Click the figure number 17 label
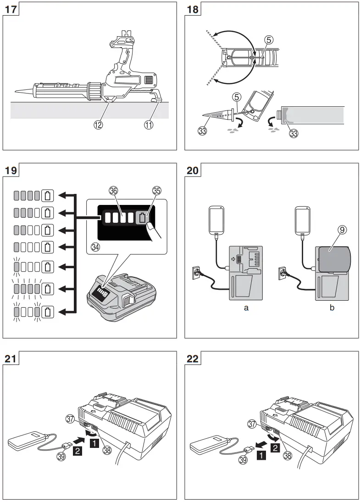[x=11, y=9]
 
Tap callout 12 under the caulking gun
[x=110, y=123]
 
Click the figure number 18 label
[x=193, y=9]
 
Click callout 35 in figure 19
[x=157, y=192]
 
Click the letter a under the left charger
[x=246, y=308]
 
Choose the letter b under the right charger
[x=332, y=308]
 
